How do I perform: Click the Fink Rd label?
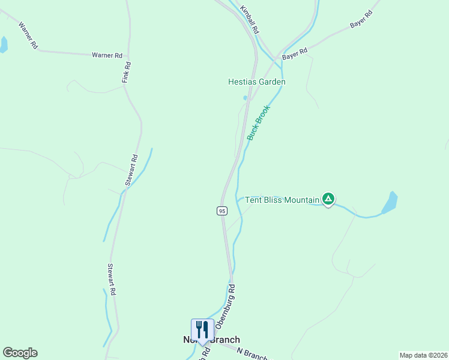(126, 73)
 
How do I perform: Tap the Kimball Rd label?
(249, 20)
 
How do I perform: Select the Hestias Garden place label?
(256, 82)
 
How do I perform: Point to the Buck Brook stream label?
(259, 123)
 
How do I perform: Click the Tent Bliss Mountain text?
(282, 200)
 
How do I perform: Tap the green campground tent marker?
(328, 199)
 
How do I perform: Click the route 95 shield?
(222, 211)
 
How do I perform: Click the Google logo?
(20, 353)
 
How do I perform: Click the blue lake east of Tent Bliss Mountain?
(390, 203)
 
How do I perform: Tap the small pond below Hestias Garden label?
(245, 98)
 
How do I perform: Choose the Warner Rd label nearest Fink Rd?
(106, 55)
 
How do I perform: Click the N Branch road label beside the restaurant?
(252, 354)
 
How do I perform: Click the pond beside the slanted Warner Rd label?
(3, 44)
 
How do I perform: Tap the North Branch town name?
(211, 340)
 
